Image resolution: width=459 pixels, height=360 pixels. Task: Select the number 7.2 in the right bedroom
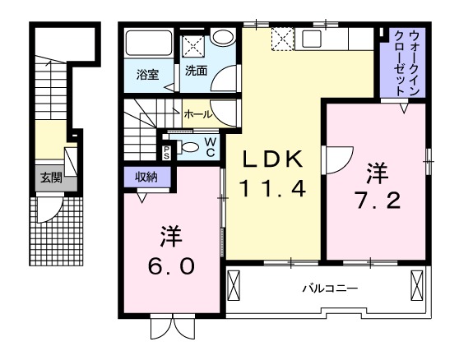pyautogui.click(x=378, y=198)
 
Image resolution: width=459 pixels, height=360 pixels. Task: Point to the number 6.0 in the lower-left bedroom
pyautogui.click(x=170, y=266)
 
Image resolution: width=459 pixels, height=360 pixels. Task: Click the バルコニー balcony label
pyautogui.click(x=328, y=289)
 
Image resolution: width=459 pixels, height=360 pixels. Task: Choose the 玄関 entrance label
pyautogui.click(x=50, y=178)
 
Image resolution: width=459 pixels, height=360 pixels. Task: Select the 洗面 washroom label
pyautogui.click(x=195, y=72)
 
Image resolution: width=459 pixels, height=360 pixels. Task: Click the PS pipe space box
pyautogui.click(x=167, y=150)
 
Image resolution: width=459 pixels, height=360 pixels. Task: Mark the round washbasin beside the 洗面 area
pyautogui.click(x=220, y=37)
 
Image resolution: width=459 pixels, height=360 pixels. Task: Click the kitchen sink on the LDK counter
pyautogui.click(x=315, y=39)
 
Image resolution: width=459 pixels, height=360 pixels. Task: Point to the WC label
pyautogui.click(x=211, y=146)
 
